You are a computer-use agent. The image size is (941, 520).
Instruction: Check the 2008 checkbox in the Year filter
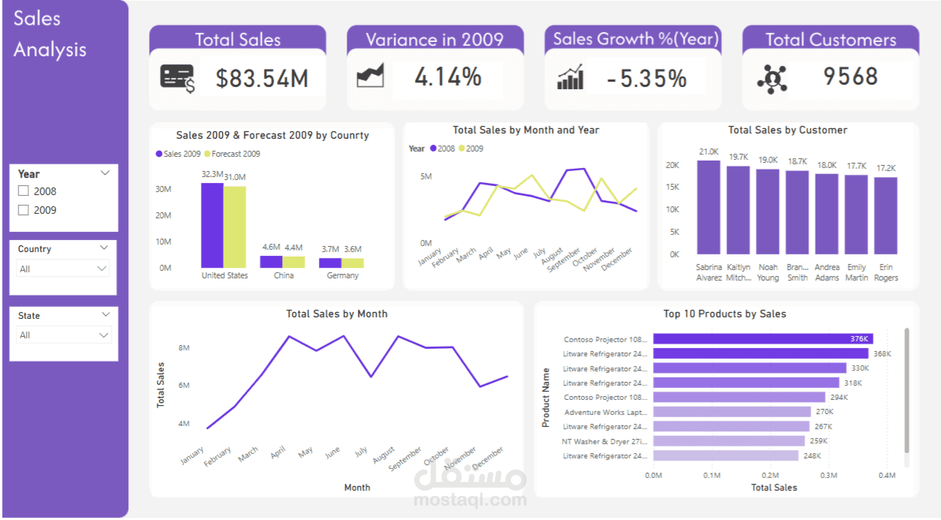(23, 191)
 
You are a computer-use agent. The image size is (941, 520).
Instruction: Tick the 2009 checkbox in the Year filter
(23, 210)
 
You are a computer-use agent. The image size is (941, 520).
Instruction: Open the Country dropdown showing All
(63, 269)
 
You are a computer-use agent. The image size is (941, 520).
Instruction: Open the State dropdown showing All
(63, 335)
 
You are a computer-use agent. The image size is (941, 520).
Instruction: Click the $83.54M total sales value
(262, 78)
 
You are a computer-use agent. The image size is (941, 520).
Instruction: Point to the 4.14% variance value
(448, 77)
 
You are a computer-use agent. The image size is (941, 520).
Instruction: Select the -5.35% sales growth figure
(646, 78)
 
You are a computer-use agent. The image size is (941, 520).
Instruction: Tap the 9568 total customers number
(850, 77)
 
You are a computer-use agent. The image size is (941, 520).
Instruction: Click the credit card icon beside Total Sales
(177, 78)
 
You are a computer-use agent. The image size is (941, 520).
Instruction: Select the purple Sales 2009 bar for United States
(212, 225)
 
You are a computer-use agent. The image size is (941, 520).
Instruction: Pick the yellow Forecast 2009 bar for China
(293, 262)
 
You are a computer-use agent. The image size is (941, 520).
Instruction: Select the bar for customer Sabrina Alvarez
(708, 208)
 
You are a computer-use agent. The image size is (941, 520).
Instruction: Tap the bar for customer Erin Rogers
(885, 216)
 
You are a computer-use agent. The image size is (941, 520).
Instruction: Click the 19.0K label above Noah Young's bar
(768, 160)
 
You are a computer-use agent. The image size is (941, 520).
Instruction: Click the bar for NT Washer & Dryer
(728, 441)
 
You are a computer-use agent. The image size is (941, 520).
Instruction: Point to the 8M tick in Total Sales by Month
(184, 348)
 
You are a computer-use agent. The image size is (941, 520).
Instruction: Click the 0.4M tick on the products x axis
(887, 475)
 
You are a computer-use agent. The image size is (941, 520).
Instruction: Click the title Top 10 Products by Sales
(724, 314)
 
